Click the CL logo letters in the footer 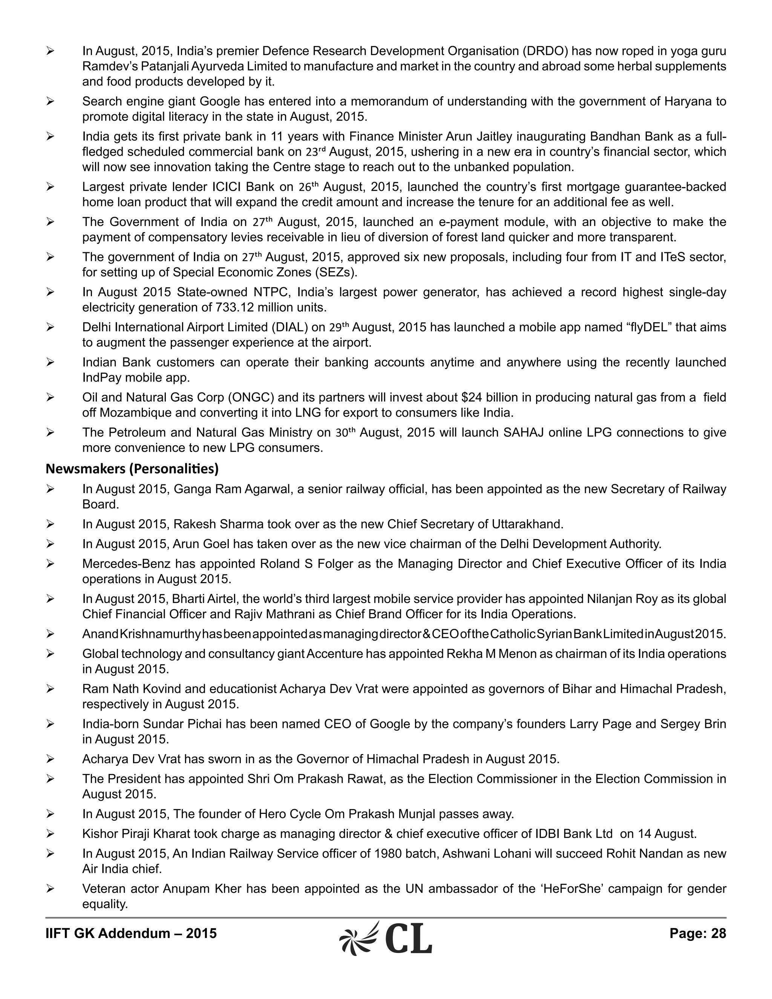coord(408,939)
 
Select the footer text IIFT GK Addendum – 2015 coord(131,933)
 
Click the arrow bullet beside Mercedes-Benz coord(50,564)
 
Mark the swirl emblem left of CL coord(359,939)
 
